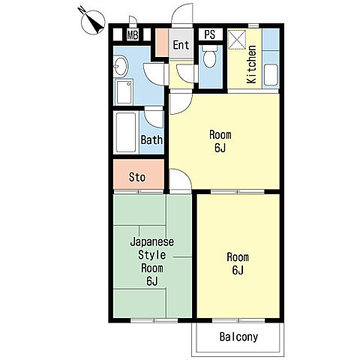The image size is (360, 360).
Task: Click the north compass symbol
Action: pyautogui.click(x=93, y=22)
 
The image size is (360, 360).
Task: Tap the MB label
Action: pyautogui.click(x=133, y=35)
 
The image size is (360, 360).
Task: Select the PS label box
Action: pyautogui.click(x=210, y=34)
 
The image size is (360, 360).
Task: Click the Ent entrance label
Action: pyautogui.click(x=181, y=45)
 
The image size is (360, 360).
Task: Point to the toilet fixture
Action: pyautogui.click(x=209, y=56)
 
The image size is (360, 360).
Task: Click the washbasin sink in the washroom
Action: pyautogui.click(x=121, y=66)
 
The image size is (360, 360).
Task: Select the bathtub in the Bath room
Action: pyautogui.click(x=126, y=133)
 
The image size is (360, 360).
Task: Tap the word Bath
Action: pyautogui.click(x=151, y=139)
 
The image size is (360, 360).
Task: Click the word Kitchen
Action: pyautogui.click(x=251, y=64)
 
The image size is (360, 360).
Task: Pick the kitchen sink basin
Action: pyautogui.click(x=271, y=75)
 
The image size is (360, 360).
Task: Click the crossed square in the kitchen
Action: pyautogui.click(x=237, y=40)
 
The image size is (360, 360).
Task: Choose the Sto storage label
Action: pyautogui.click(x=137, y=177)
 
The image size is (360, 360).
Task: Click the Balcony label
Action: pyautogui.click(x=238, y=337)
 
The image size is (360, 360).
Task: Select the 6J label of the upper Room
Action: pyautogui.click(x=220, y=148)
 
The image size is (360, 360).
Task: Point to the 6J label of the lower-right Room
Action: pyautogui.click(x=238, y=270)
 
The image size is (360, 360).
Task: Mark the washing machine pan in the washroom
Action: pyautogui.click(x=124, y=92)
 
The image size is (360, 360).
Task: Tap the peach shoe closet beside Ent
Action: pyautogui.click(x=162, y=43)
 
